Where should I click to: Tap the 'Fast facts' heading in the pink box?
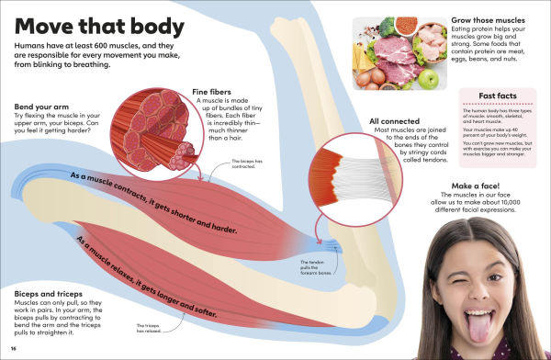[500, 96]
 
